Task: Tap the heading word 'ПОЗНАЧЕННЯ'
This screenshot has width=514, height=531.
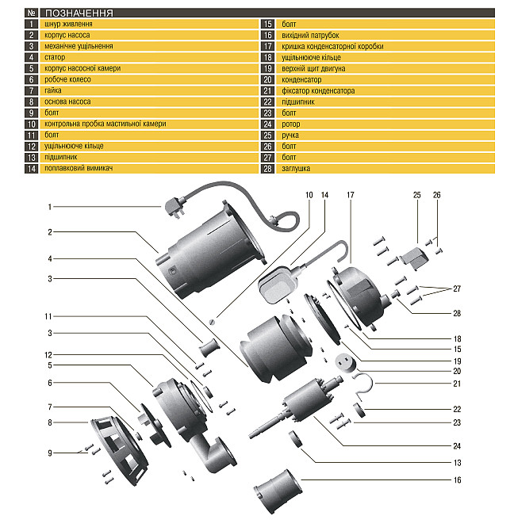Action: (x=79, y=13)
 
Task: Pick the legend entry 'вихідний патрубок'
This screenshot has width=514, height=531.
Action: (x=310, y=36)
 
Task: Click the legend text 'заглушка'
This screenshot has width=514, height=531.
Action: (x=296, y=169)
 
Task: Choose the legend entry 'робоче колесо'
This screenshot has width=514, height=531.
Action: (x=67, y=80)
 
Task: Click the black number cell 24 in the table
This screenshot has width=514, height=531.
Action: (x=267, y=124)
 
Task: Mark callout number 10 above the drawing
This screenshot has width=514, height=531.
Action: (x=309, y=193)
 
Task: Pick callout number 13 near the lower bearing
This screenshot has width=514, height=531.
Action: (x=458, y=462)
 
